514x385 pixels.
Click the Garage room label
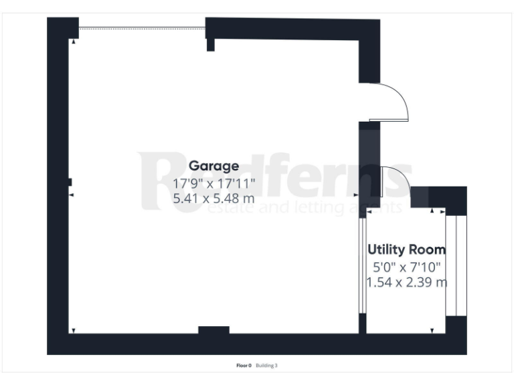point(213,166)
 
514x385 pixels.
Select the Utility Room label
point(406,250)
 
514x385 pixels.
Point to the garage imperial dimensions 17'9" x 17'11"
point(213,182)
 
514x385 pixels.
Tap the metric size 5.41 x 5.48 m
point(213,199)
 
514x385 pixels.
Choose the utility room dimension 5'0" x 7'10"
point(406,267)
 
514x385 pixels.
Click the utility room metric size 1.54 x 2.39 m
point(406,282)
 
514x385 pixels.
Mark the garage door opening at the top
point(142,28)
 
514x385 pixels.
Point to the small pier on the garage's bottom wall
point(214,330)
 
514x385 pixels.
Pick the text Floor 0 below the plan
point(244,366)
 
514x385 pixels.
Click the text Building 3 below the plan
point(267,366)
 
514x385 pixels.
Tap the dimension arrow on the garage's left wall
point(72,195)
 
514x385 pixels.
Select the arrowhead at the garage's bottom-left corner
point(73,330)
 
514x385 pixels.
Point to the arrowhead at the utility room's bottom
point(433,330)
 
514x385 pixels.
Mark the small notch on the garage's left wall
point(70,182)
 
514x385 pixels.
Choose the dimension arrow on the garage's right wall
point(355,195)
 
